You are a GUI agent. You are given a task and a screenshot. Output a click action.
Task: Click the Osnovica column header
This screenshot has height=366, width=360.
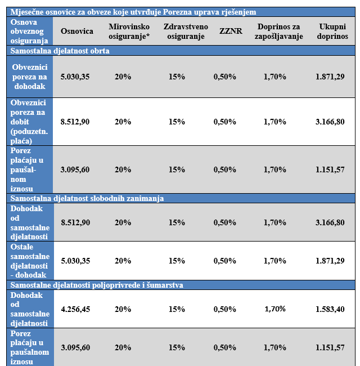tap(77, 31)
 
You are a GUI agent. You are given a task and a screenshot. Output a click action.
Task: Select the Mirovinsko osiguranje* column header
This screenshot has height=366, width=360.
tap(129, 32)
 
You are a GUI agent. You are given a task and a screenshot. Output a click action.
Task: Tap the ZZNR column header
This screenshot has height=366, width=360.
tap(231, 31)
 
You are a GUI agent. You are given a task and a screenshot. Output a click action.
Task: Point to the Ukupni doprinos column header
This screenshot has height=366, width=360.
tap(332, 32)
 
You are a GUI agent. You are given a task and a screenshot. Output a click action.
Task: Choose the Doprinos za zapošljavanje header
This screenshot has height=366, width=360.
tap(278, 32)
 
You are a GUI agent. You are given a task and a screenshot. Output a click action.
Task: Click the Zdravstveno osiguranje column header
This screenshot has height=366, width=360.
tap(186, 32)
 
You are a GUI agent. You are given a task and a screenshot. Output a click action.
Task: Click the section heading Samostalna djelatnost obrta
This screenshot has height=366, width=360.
tap(60, 51)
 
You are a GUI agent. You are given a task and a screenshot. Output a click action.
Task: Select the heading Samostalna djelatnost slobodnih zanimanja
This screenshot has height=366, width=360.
tap(87, 198)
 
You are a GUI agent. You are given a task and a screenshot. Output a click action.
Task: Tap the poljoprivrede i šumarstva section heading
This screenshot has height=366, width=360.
tap(97, 285)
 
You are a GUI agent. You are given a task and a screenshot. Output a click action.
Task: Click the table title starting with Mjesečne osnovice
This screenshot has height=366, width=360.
tap(133, 12)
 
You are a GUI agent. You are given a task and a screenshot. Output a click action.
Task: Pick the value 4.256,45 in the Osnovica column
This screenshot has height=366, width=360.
tap(75, 309)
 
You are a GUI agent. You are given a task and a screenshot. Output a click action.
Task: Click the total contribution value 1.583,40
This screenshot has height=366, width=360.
tap(330, 309)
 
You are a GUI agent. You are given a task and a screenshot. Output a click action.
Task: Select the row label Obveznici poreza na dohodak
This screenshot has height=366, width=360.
tap(30, 77)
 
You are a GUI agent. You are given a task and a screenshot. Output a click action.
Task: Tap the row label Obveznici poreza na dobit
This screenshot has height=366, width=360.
tap(29, 122)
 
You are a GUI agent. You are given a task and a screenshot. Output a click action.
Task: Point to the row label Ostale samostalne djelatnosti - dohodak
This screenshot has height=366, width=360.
tap(30, 261)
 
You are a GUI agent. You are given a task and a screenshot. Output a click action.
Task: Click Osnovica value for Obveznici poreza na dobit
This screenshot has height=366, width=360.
tap(75, 122)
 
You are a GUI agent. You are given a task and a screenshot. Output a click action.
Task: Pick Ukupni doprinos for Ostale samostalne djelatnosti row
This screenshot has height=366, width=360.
tap(330, 261)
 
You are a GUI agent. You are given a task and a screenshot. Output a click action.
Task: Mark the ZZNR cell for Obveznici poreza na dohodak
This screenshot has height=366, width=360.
tap(225, 77)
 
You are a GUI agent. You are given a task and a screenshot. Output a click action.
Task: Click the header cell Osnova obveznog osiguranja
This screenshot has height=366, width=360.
tap(29, 32)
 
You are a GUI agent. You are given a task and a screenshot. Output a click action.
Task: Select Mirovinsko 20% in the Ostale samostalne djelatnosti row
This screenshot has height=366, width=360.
tap(123, 261)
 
